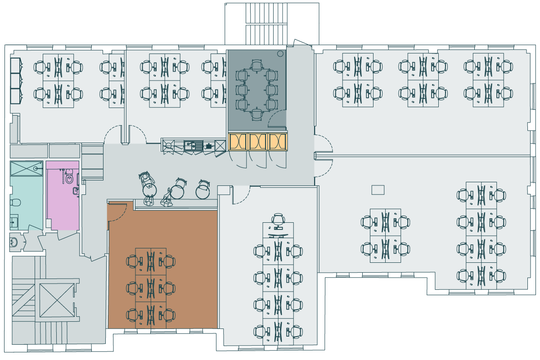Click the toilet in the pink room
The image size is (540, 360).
(69, 179)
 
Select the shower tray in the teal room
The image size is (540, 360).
(26, 168)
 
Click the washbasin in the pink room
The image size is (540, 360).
(76, 191)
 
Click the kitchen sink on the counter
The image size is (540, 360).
(194, 145)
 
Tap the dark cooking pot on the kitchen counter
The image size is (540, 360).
(209, 146)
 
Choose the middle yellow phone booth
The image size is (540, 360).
(258, 142)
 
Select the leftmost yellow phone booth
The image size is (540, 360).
(238, 142)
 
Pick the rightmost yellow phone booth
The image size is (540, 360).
(278, 142)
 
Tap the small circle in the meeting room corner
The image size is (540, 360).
(280, 54)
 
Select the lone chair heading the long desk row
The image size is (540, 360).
(278, 220)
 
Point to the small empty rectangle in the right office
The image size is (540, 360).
(378, 190)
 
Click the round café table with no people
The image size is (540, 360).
(203, 191)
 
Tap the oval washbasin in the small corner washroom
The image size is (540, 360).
(14, 242)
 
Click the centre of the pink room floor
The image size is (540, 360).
(63, 207)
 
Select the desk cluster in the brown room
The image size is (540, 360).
(151, 288)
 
